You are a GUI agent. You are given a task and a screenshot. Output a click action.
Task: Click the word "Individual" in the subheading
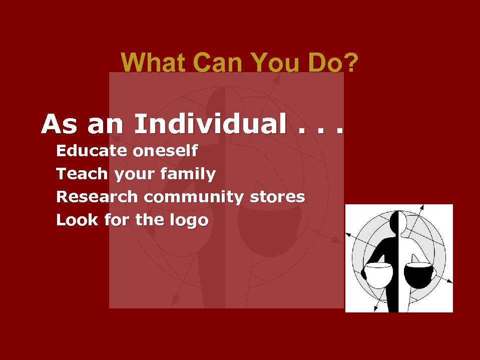pos(210,124)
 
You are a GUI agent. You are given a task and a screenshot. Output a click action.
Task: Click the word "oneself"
pos(165,151)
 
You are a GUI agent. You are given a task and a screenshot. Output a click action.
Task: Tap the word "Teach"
pos(82,174)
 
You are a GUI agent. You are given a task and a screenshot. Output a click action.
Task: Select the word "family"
pos(191,175)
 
